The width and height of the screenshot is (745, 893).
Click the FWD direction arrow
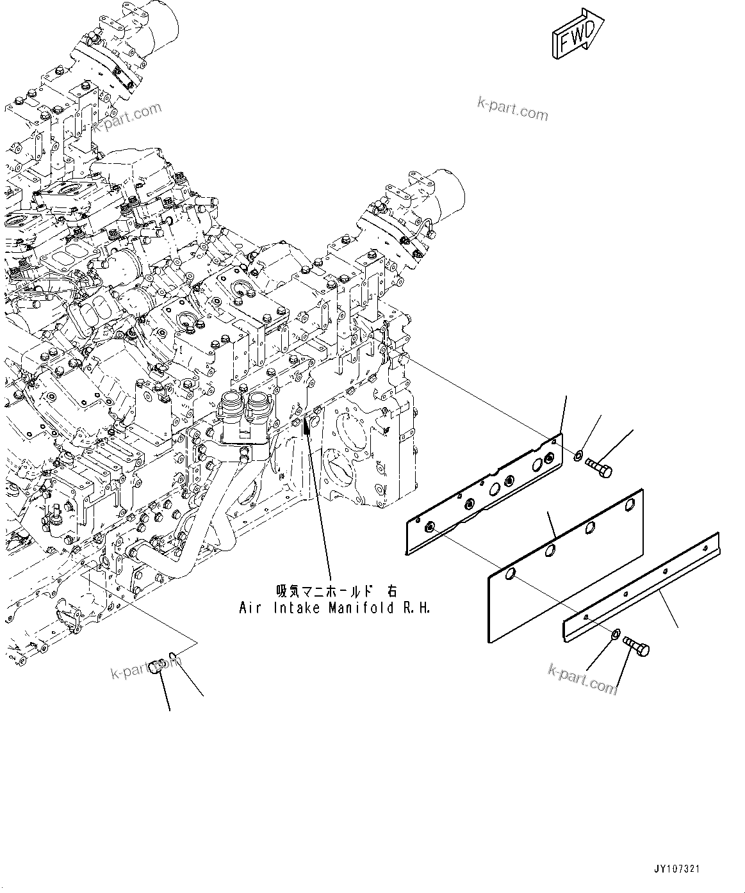click(576, 36)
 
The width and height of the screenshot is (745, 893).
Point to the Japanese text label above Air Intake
click(336, 591)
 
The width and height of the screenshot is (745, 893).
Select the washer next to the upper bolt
click(578, 456)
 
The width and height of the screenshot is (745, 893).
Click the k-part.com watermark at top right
click(512, 109)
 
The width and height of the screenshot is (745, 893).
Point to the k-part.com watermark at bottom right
click(583, 678)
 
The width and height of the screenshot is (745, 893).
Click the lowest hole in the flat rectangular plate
click(510, 574)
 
